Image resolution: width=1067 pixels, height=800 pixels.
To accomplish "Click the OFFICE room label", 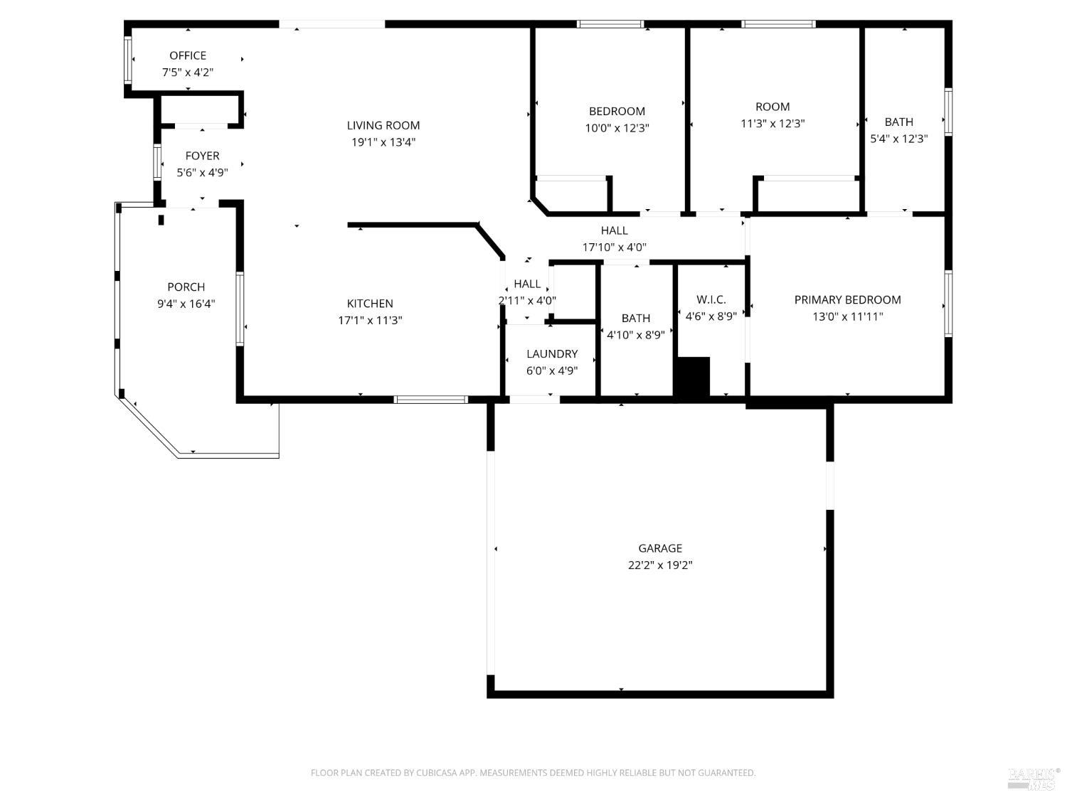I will tap(188, 55).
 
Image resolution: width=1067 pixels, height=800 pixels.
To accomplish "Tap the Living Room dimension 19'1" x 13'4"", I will tap(383, 142).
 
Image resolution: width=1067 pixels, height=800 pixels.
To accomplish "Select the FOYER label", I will tap(202, 156).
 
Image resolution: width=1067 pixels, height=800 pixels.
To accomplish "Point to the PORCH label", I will tap(186, 287).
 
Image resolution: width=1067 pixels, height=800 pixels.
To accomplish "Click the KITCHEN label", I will tap(370, 304).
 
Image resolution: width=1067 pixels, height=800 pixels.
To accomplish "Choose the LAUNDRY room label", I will tap(552, 354).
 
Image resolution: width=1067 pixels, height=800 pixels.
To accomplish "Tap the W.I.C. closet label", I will tap(711, 300).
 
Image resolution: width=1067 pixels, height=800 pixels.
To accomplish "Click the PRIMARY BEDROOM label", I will tap(847, 300).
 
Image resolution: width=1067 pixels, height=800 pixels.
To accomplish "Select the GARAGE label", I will tap(660, 548).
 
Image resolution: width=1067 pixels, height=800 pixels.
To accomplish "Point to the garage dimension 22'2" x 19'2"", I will tap(660, 565).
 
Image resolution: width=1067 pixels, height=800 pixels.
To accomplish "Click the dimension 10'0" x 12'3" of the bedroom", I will tap(617, 128).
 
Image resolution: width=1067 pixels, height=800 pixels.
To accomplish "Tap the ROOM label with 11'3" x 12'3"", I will tap(773, 107).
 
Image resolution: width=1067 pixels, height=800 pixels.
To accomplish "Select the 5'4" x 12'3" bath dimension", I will tap(899, 139).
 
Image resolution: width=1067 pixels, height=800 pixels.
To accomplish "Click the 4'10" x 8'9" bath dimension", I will tap(635, 335).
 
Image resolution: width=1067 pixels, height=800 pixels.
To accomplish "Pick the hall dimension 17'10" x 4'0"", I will tap(614, 247).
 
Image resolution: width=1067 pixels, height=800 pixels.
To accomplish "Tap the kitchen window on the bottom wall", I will tap(431, 400).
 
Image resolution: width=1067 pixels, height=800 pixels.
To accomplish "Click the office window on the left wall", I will tap(128, 60).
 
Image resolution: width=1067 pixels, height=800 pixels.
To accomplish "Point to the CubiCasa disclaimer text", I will tap(533, 773).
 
